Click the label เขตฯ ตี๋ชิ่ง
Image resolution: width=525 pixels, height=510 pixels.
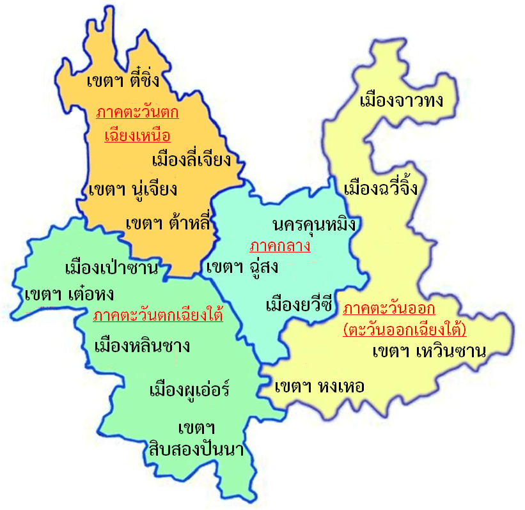click(122, 82)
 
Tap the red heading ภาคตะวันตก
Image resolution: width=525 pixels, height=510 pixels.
click(137, 114)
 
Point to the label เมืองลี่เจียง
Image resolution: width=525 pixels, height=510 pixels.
click(191, 159)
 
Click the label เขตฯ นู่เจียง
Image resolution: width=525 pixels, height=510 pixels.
click(133, 190)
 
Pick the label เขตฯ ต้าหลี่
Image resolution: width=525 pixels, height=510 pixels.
click(168, 224)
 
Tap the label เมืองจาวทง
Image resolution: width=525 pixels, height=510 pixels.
click(402, 101)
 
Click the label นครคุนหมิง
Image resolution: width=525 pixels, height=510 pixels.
click(313, 224)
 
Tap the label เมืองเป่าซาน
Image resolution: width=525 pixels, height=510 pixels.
click(111, 267)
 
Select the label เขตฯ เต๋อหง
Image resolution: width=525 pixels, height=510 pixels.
click(69, 295)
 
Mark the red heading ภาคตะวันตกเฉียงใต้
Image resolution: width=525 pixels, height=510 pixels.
click(157, 316)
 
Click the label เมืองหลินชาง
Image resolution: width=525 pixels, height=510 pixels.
click(142, 347)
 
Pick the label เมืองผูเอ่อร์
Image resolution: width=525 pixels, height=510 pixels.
click(189, 389)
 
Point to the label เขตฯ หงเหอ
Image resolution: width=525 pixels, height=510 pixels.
click(319, 387)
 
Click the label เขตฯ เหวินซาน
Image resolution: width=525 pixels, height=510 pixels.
click(429, 352)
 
